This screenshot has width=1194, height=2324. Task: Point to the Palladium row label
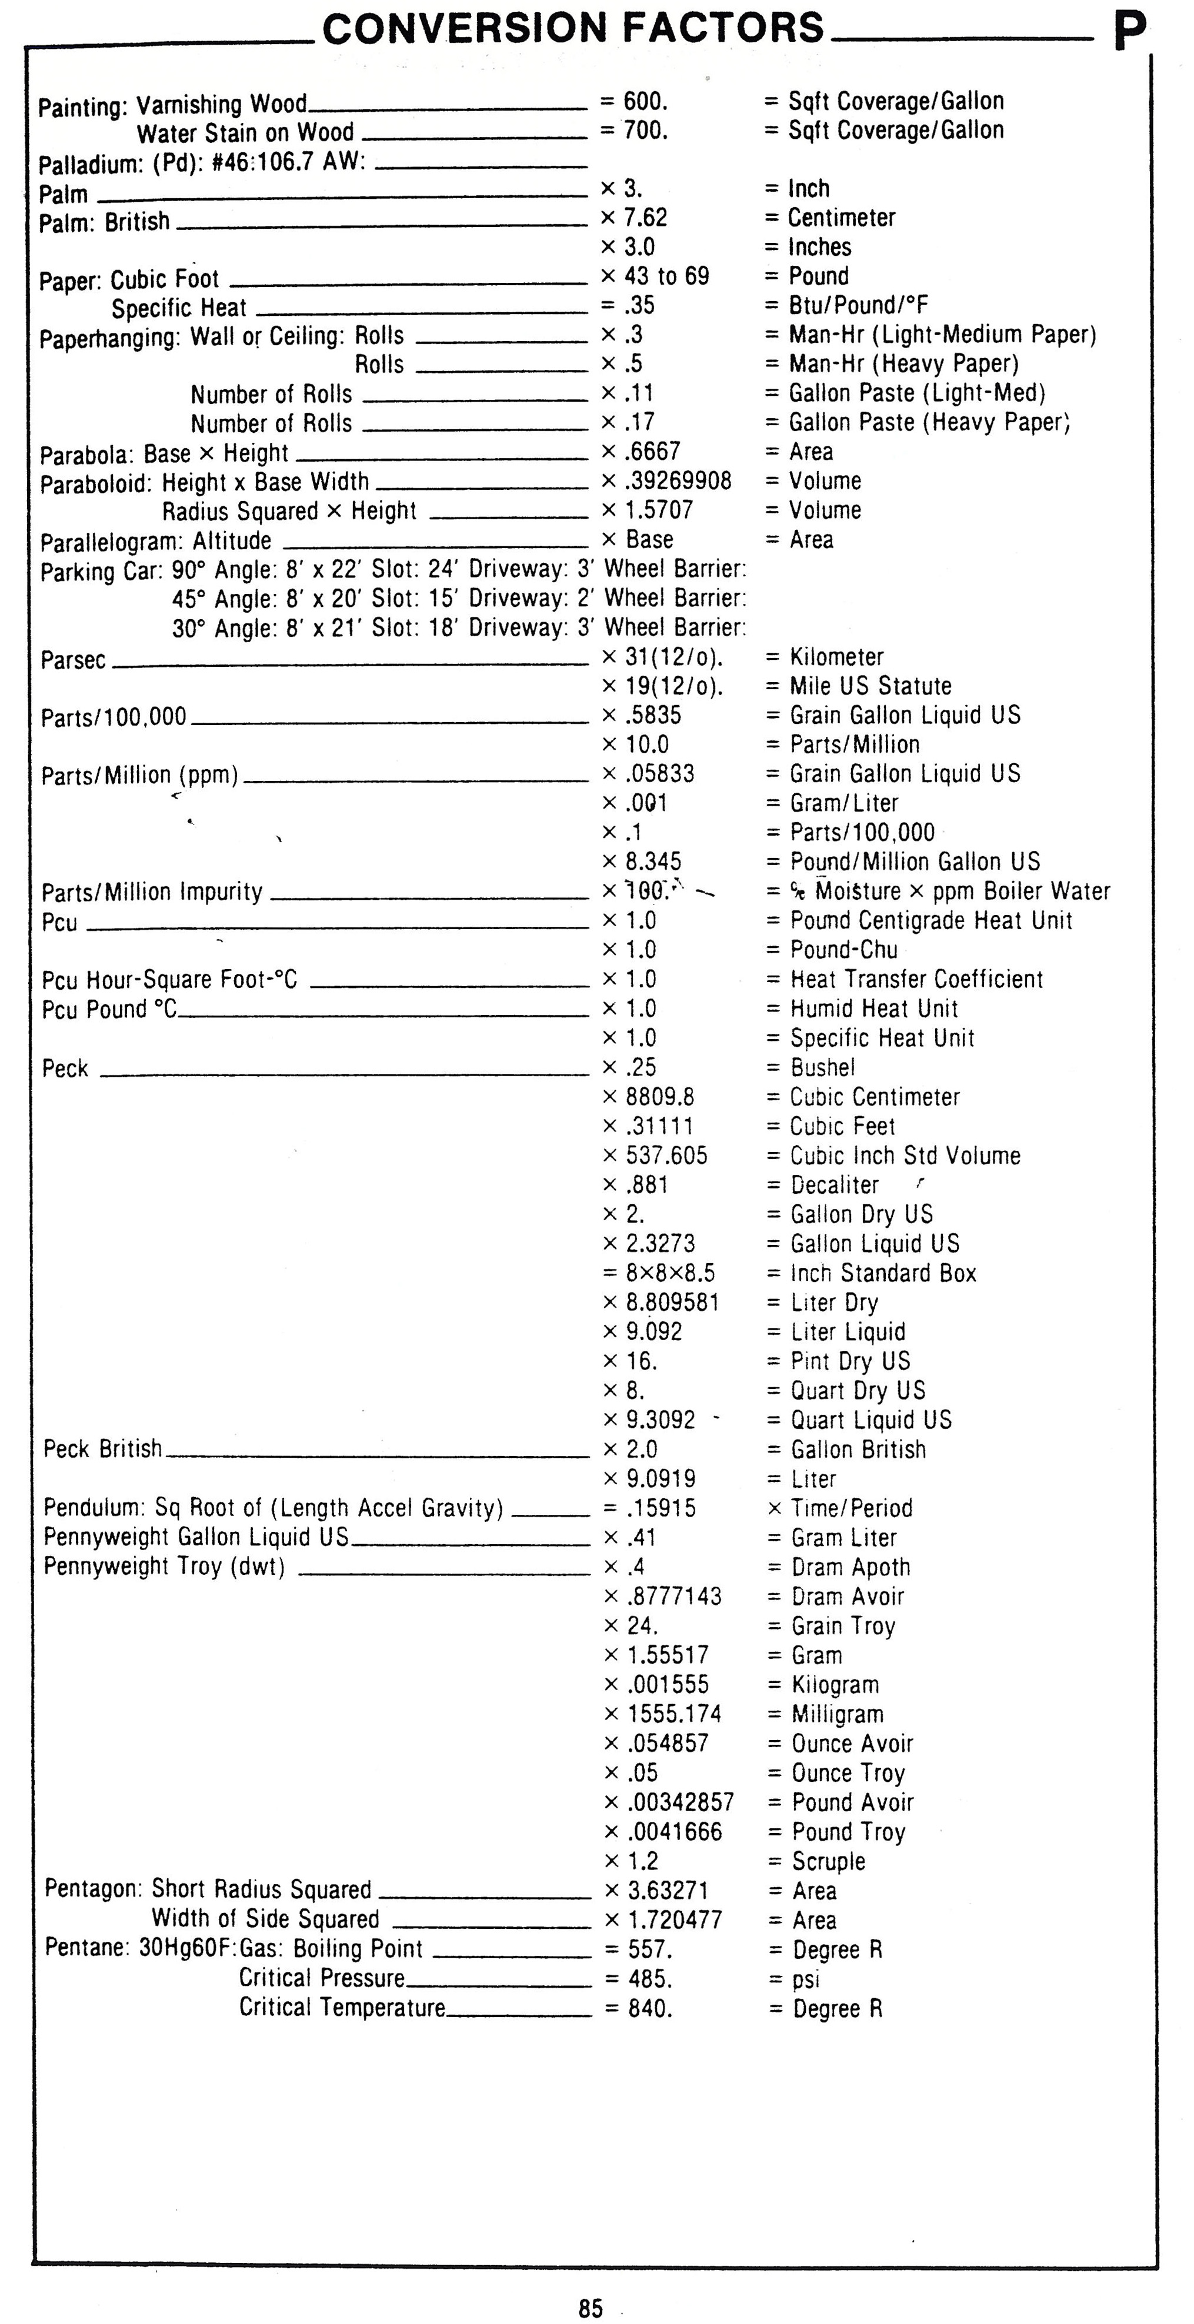click(x=201, y=163)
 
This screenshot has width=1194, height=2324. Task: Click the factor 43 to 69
click(x=666, y=276)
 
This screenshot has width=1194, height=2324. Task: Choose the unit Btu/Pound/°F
click(x=858, y=306)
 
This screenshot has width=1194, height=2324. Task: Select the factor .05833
click(x=660, y=774)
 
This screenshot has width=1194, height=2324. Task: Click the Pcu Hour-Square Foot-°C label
click(x=169, y=980)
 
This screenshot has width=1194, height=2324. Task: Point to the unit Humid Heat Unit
click(x=873, y=1009)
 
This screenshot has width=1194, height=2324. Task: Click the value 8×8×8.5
click(x=671, y=1273)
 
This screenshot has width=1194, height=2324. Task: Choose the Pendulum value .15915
click(x=662, y=1508)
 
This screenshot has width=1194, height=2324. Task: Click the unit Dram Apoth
click(x=850, y=1567)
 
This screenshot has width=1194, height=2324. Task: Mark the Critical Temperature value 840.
click(x=650, y=2008)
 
